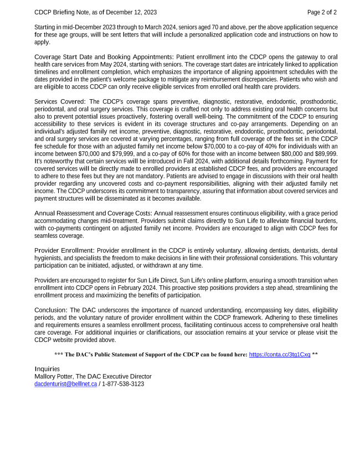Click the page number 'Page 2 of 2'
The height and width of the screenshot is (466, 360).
click(322, 12)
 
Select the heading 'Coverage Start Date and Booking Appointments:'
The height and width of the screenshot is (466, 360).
click(104, 57)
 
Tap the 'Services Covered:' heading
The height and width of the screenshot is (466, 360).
click(60, 102)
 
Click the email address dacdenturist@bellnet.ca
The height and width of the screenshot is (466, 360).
click(65, 383)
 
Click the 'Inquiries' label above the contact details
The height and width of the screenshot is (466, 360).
click(47, 369)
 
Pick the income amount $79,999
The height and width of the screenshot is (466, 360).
click(116, 153)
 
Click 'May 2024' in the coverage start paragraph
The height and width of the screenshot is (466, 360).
click(130, 64)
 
